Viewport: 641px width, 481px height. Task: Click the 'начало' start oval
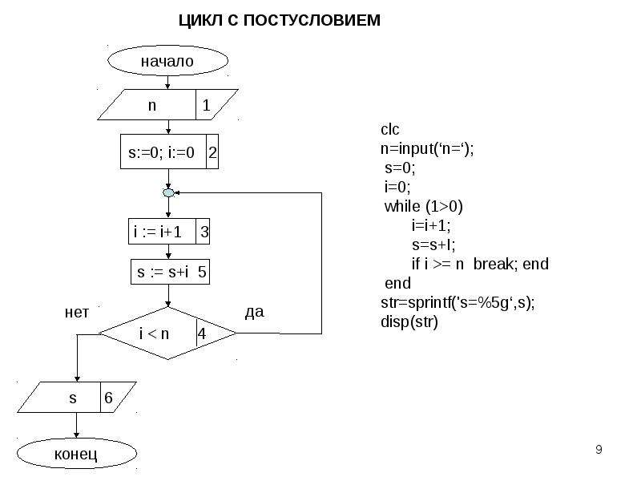coord(167,61)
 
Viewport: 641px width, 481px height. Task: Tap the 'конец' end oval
coord(76,454)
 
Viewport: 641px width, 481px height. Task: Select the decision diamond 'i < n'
coord(167,333)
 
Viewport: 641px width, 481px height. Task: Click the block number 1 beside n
coord(206,105)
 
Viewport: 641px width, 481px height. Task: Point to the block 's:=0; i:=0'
coord(169,152)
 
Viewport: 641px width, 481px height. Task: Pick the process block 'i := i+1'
coord(169,232)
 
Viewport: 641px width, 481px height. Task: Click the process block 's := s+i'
coord(170,272)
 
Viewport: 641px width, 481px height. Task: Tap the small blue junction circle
coord(168,192)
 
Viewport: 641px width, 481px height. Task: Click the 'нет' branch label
coord(76,313)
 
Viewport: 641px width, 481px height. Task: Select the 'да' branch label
coord(254,312)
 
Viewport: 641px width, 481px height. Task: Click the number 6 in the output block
coord(108,398)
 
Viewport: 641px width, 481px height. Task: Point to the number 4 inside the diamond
coord(202,333)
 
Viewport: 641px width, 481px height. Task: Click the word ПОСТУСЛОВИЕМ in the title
coord(312,20)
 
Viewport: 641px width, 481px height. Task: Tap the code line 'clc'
coord(389,130)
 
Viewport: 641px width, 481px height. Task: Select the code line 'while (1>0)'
coord(424,207)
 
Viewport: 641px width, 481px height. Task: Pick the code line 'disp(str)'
coord(409,322)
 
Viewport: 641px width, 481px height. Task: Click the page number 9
coord(599,450)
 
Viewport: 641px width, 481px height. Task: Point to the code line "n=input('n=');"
coord(427,148)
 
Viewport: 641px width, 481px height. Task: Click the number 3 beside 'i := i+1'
coord(204,232)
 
